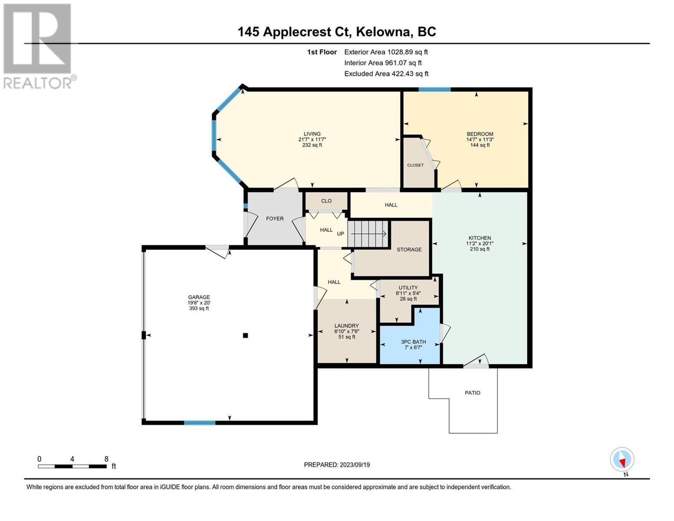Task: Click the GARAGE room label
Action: (199, 297)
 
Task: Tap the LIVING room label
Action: (312, 134)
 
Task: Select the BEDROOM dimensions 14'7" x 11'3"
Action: (480, 140)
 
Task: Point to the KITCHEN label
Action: (480, 238)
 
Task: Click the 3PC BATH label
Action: (414, 342)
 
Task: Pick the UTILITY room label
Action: (408, 288)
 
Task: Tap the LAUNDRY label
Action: (346, 326)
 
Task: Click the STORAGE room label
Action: (409, 250)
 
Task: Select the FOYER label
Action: (275, 219)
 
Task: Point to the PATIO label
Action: (472, 393)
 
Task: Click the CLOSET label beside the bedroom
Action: (415, 165)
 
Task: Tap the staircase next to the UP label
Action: (368, 234)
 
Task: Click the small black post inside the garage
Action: (245, 335)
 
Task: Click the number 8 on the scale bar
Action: (106, 459)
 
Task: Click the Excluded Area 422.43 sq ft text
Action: (386, 73)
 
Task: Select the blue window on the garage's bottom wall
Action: (200, 422)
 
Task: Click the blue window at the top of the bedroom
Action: (434, 90)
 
